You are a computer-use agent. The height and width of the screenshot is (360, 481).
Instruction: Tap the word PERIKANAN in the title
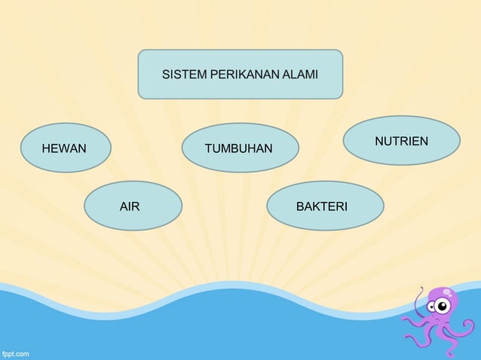point(233,75)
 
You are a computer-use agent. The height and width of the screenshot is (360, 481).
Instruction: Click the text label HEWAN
point(64,148)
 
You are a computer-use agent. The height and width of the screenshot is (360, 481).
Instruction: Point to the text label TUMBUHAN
point(239,148)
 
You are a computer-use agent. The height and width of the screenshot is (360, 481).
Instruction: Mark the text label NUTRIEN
point(401,142)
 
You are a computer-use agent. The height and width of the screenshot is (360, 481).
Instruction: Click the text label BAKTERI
point(322,205)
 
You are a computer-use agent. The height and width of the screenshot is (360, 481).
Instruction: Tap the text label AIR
point(130,205)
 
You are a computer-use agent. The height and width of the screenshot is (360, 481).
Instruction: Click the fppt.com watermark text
point(15,352)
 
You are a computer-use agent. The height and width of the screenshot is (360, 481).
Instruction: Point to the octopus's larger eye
point(443,305)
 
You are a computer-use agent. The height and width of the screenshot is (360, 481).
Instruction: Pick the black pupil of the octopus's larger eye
point(443,306)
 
